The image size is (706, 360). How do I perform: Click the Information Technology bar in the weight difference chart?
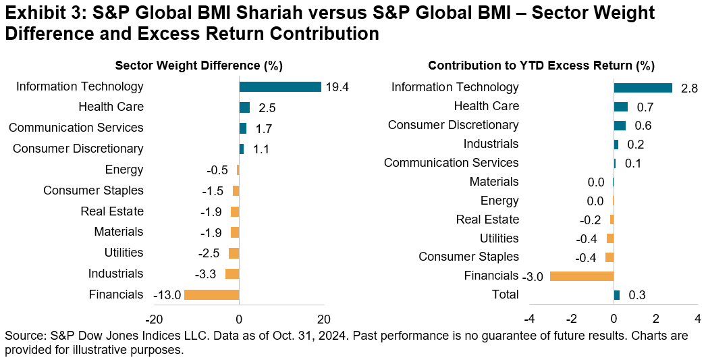point(280,86)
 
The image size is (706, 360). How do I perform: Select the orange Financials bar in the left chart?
point(211,294)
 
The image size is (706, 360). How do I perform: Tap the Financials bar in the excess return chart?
point(582,276)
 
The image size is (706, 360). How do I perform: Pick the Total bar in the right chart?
point(617,294)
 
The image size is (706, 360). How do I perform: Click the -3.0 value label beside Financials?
point(533,276)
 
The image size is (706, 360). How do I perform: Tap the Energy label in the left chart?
point(124,170)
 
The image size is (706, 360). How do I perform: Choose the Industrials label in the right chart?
point(491,144)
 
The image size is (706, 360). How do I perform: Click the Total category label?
point(506,294)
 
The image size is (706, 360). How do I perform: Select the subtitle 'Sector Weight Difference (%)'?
point(199,66)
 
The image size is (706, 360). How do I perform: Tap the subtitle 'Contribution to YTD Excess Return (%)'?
point(541,66)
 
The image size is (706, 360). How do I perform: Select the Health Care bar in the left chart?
point(244,107)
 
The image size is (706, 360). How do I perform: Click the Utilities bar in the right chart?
point(610,238)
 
